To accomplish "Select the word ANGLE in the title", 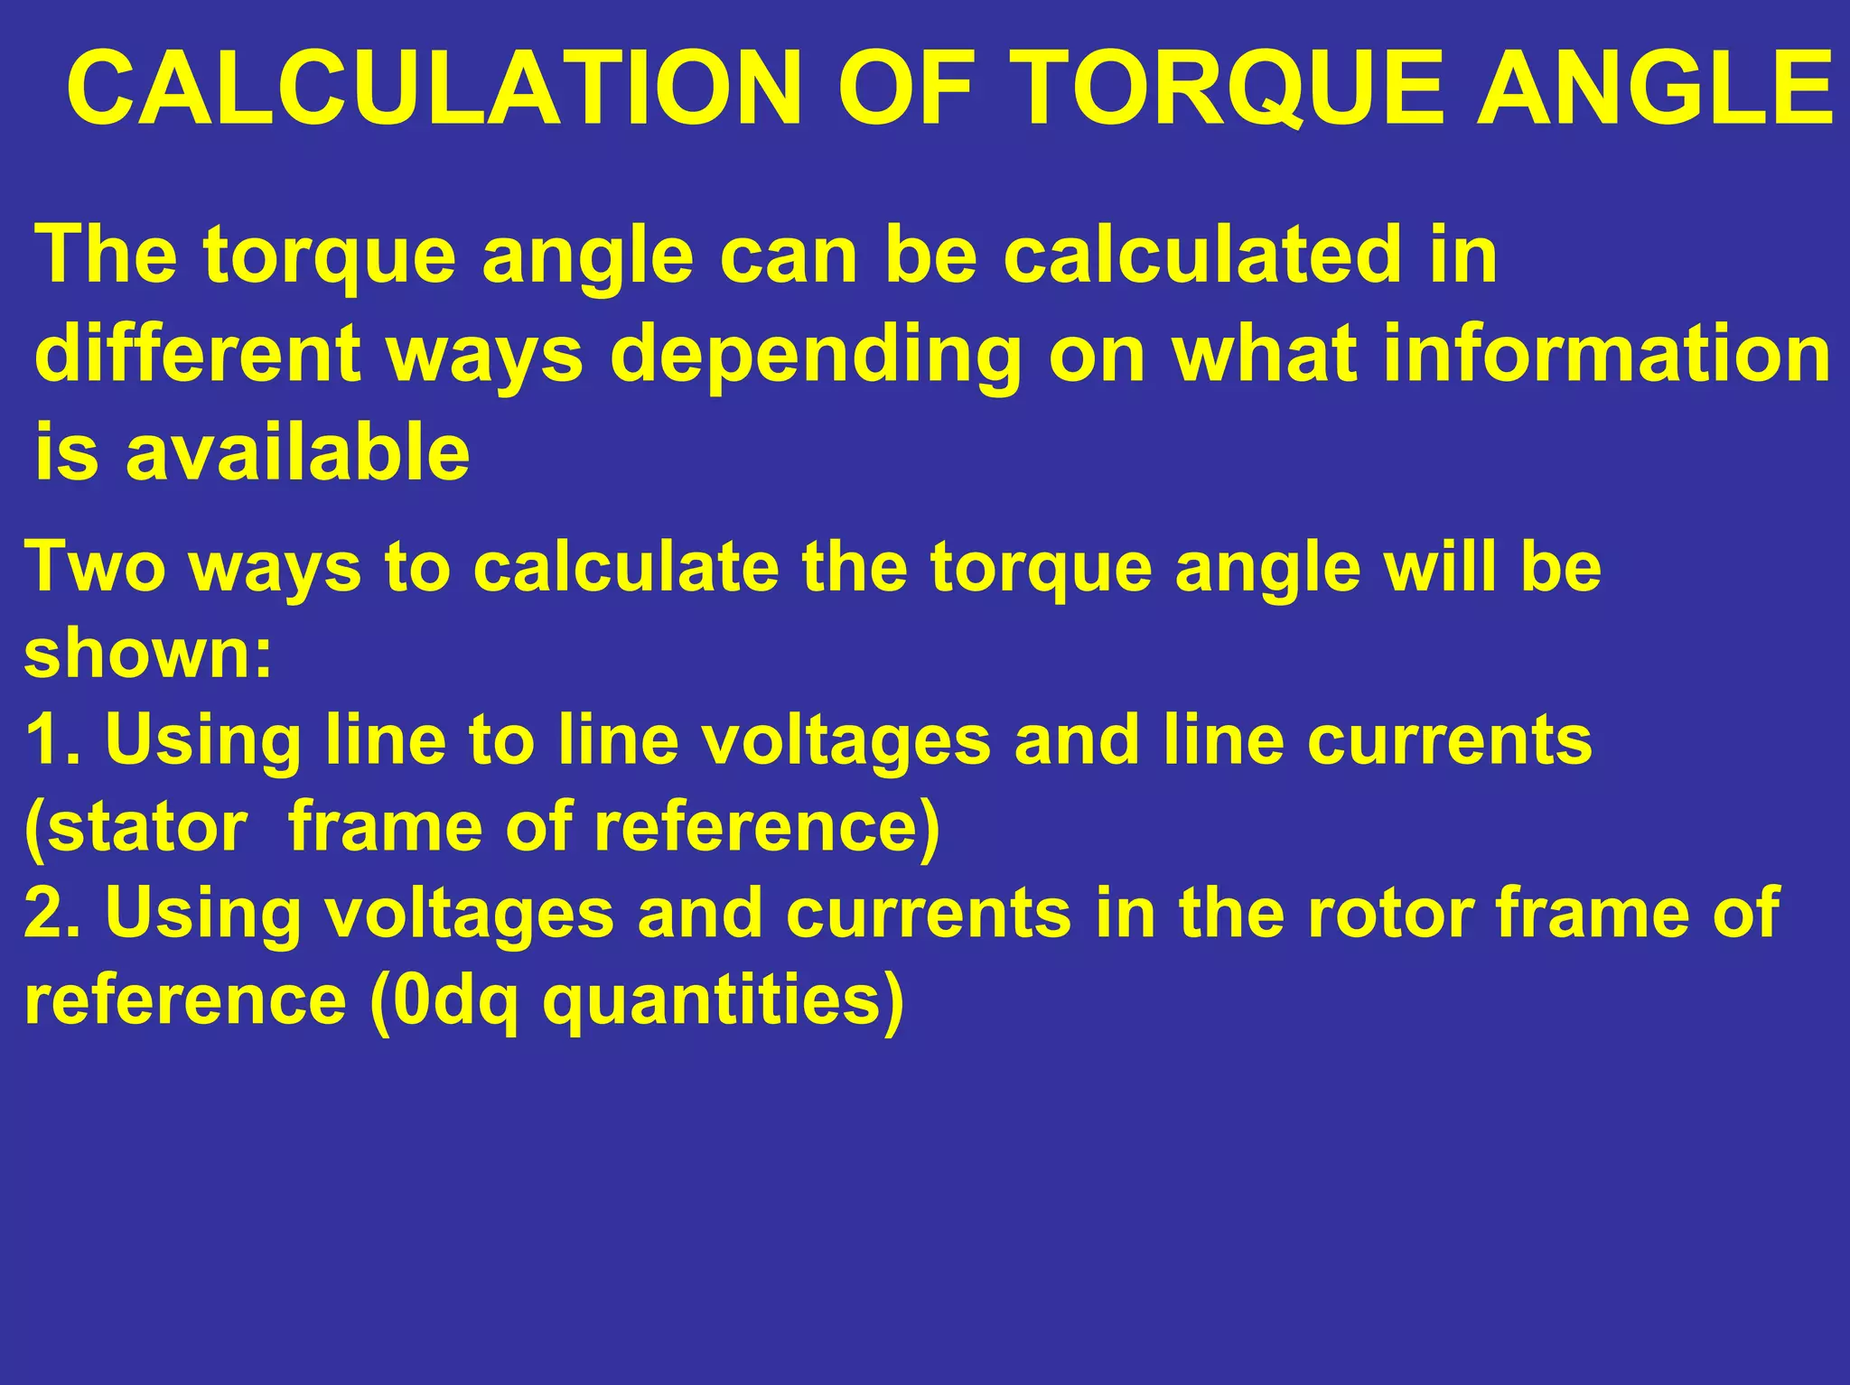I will pyautogui.click(x=1653, y=88).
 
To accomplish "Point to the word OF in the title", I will pyautogui.click(x=906, y=88).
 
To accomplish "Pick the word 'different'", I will pyautogui.click(x=197, y=353).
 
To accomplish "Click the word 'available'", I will pyautogui.click(x=297, y=451).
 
